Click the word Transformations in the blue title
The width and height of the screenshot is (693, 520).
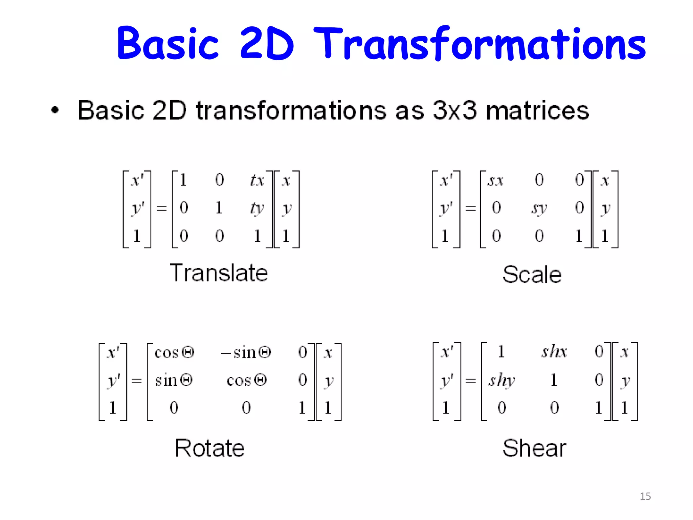tap(479, 44)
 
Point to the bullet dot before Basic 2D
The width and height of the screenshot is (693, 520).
tap(55, 110)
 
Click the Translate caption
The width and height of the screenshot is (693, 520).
tap(219, 273)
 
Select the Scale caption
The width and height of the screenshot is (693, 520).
tap(532, 274)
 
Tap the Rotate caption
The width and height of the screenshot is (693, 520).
tap(210, 448)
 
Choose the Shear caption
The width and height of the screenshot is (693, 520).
tap(534, 448)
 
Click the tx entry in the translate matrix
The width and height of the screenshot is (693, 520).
tap(257, 180)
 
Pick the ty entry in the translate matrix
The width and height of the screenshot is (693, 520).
tap(257, 208)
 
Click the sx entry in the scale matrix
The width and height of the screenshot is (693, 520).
tap(495, 180)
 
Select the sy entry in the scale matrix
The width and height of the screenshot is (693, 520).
tap(539, 208)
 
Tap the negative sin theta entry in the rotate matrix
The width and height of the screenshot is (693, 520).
tap(246, 353)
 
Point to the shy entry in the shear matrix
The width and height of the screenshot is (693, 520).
tap(501, 380)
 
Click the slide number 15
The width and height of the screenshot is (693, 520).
tap(645, 496)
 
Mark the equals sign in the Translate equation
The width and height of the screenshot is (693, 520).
tap(161, 208)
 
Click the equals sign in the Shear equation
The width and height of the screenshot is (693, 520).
tap(470, 381)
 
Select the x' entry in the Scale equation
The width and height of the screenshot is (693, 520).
tap(446, 180)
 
